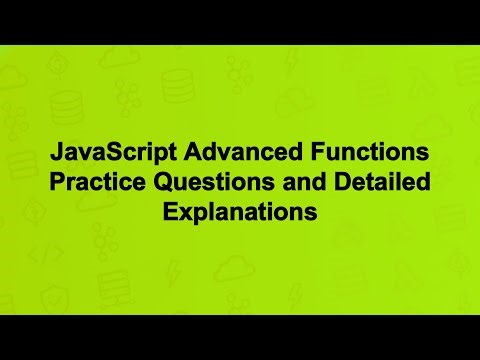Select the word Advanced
225,157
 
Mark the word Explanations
240,213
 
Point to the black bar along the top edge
240,21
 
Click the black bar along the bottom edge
240,337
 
